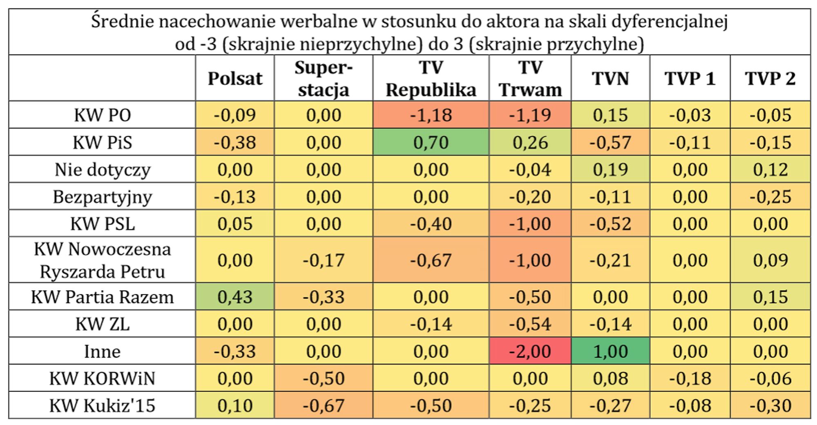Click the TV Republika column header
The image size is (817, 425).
(x=431, y=78)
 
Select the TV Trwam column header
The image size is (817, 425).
(x=530, y=78)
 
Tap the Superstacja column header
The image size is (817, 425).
(x=324, y=78)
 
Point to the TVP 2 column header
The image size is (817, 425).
(x=770, y=78)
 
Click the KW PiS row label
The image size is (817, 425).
(x=102, y=142)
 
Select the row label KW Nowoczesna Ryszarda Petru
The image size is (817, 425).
(x=102, y=260)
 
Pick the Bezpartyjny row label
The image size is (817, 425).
(x=102, y=197)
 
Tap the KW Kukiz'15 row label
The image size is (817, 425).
(x=102, y=405)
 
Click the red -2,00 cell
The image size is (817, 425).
(x=530, y=351)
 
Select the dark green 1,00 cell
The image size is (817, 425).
(x=610, y=351)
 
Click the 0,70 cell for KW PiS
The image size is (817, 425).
(x=431, y=142)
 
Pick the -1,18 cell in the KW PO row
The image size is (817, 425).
(x=431, y=115)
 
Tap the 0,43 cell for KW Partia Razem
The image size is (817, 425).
(x=235, y=297)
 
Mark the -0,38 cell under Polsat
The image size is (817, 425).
(x=235, y=142)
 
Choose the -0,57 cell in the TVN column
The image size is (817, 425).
(x=610, y=142)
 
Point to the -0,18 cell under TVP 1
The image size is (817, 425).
(x=690, y=378)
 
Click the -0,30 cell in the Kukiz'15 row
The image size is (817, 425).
(x=770, y=405)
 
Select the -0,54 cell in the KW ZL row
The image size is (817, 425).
(x=530, y=324)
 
